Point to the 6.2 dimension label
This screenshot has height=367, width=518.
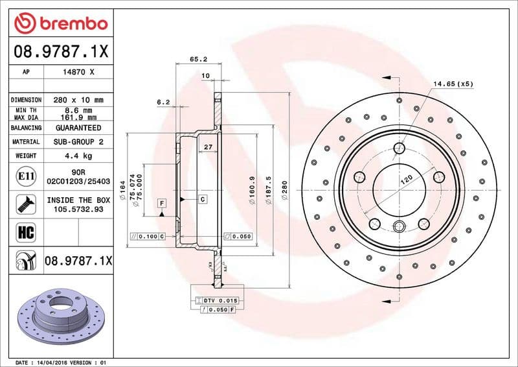point(163,102)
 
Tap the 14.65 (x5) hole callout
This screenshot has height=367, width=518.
point(453,84)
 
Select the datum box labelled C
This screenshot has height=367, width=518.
point(203,198)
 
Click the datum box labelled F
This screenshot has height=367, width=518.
point(161,204)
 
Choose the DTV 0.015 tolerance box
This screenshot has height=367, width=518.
point(217,301)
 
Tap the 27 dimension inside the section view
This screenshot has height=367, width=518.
point(208,147)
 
